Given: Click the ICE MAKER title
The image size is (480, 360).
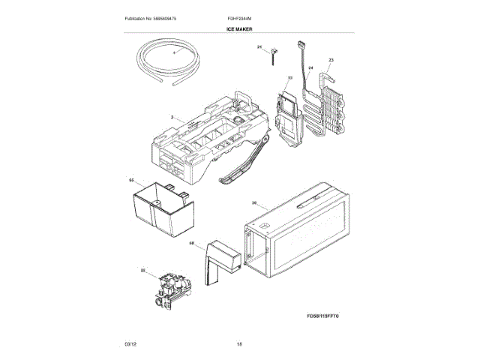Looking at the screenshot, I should click(x=239, y=29).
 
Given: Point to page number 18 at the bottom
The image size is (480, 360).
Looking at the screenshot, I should click(x=239, y=344).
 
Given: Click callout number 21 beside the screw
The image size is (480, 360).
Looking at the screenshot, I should click(x=260, y=48).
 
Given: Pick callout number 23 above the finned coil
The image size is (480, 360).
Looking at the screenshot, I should click(x=331, y=60).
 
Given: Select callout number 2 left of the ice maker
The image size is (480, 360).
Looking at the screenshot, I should click(x=172, y=118).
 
